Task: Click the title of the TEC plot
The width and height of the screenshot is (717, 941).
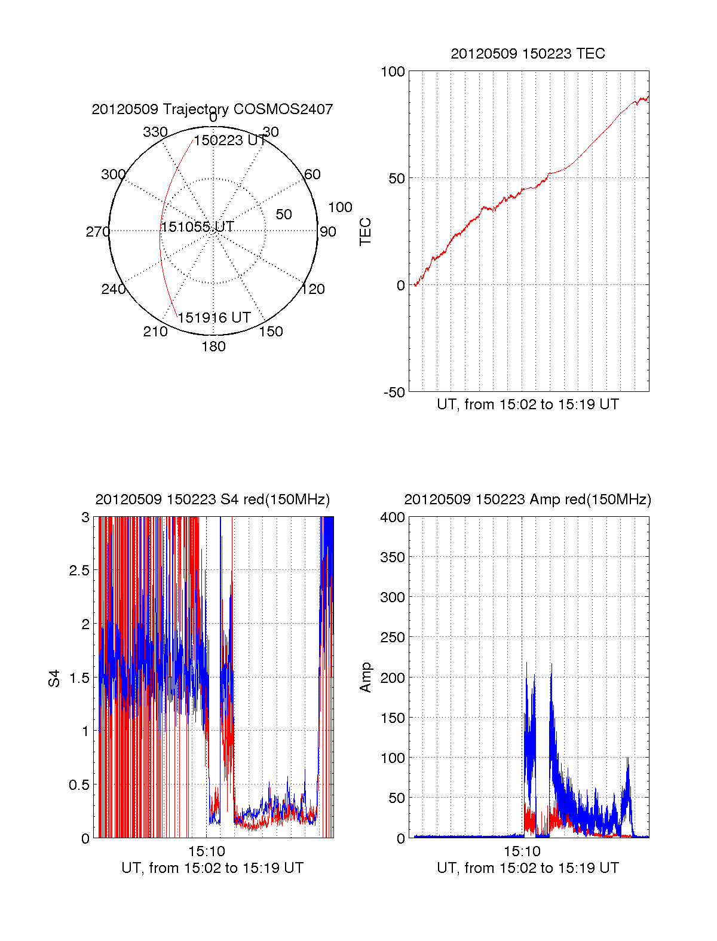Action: point(528,54)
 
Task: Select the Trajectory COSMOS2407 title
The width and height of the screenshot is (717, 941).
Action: point(212,109)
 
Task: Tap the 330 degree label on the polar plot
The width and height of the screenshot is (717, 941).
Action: point(155,132)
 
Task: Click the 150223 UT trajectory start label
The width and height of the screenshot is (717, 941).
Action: point(230,140)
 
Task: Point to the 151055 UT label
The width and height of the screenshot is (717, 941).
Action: point(197,227)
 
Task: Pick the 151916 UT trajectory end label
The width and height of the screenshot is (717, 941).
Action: point(214,318)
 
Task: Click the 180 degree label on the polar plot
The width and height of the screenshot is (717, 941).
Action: point(213,347)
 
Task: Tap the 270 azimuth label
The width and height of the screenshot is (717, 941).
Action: point(97,232)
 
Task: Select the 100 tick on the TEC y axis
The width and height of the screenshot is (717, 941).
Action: point(393,72)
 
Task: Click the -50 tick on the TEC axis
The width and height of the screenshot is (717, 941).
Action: point(394,393)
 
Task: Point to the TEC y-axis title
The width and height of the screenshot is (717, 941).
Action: point(365,231)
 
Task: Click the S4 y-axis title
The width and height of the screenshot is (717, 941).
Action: point(54,678)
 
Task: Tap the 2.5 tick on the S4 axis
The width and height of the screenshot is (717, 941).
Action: point(79,571)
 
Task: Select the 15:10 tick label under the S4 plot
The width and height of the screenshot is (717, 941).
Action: point(206,851)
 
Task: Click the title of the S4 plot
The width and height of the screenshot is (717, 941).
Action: point(212,499)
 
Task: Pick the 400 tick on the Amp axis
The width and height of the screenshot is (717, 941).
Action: point(393,517)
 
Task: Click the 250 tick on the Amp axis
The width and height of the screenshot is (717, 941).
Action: point(393,637)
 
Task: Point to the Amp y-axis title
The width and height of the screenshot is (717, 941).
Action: point(365,678)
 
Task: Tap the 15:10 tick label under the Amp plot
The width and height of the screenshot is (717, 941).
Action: point(522,851)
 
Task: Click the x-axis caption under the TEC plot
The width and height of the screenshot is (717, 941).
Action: point(528,404)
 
